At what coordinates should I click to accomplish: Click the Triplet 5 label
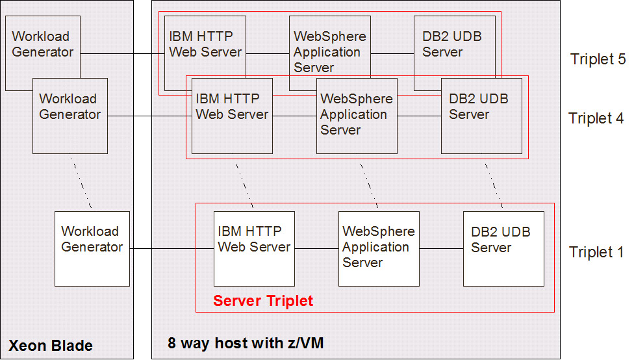coord(598,59)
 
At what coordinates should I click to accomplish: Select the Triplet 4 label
coord(596,118)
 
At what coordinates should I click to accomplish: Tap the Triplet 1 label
coord(596,252)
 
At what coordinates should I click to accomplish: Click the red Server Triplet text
coord(263,301)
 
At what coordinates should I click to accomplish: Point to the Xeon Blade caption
coord(51,345)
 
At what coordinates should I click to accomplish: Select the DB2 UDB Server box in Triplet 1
coord(503,248)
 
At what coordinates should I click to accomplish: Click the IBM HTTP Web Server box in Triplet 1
coord(254,248)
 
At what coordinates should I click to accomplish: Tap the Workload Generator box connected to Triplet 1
coord(92,248)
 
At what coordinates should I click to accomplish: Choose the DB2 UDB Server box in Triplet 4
coord(481,116)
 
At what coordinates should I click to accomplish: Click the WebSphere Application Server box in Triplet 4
coord(357,116)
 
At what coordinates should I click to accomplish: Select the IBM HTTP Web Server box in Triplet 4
coord(232,116)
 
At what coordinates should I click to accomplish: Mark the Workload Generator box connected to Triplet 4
coord(70,116)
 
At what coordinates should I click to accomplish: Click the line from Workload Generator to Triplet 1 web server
coord(171,248)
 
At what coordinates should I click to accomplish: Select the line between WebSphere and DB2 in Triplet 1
coord(441,248)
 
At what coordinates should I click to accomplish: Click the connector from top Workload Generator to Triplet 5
coord(122,53)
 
